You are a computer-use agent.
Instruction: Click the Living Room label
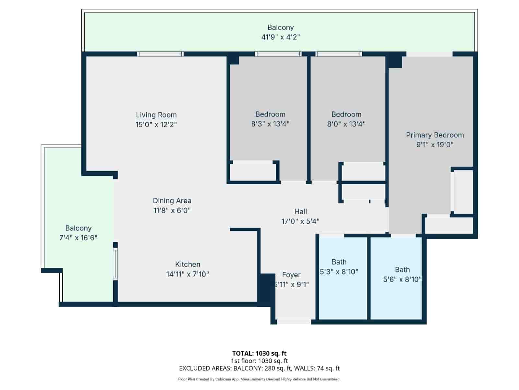click(156, 115)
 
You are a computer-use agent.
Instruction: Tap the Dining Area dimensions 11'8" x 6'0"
click(172, 210)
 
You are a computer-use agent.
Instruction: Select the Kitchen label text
click(187, 264)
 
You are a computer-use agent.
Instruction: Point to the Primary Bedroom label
click(435, 135)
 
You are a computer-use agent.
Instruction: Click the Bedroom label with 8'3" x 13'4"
click(270, 114)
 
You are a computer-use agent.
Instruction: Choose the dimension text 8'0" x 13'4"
click(346, 124)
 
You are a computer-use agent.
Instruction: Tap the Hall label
click(300, 212)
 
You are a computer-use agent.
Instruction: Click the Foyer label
click(291, 275)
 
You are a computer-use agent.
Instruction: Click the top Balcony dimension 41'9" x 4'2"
click(280, 37)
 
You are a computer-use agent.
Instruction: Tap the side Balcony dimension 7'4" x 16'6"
click(78, 238)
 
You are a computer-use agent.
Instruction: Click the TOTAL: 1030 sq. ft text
click(259, 353)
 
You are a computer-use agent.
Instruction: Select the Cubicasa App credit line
click(259, 379)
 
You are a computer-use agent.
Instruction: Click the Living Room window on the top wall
click(160, 54)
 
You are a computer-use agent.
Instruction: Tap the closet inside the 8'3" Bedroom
click(253, 171)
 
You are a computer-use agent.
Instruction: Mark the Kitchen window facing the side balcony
click(115, 264)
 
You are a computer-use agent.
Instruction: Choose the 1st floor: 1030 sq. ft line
click(259, 361)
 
